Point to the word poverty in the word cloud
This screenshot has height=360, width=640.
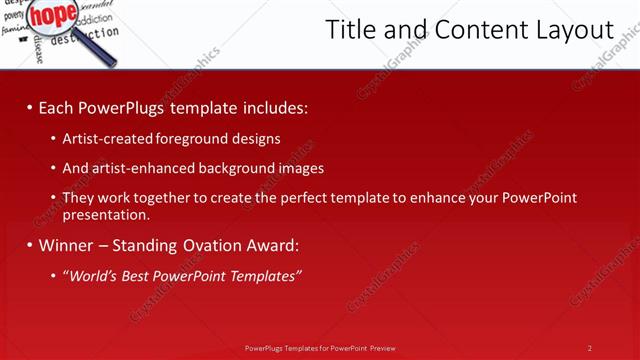pyautogui.click(x=14, y=16)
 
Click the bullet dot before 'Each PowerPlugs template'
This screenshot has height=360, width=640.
pyautogui.click(x=30, y=107)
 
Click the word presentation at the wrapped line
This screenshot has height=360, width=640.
pyautogui.click(x=104, y=214)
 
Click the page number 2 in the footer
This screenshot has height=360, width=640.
pyautogui.click(x=590, y=348)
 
